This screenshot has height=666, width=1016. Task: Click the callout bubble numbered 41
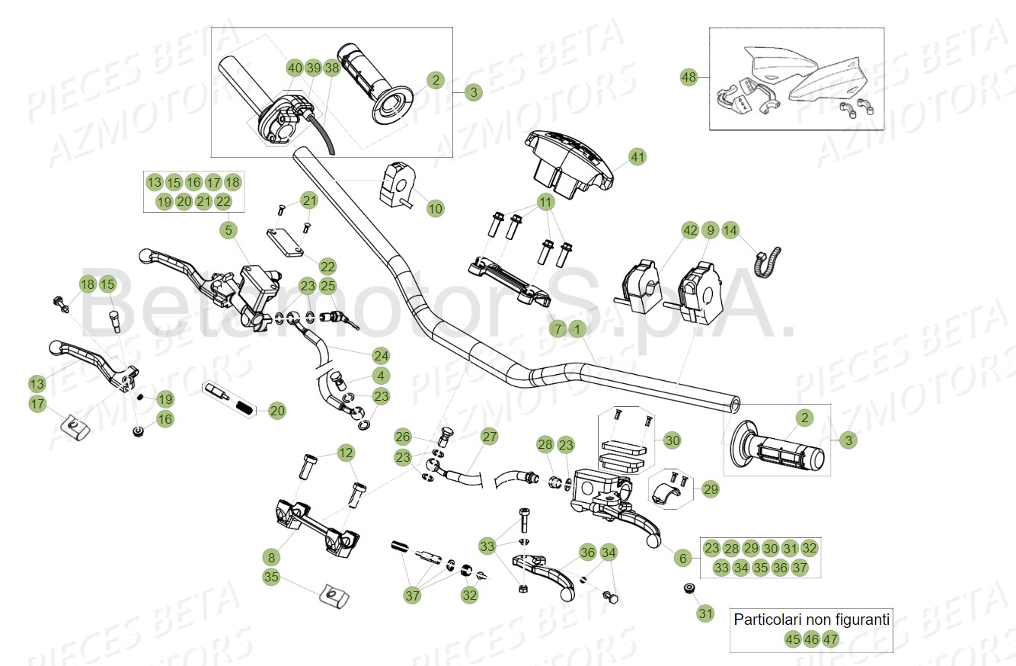pyautogui.click(x=637, y=158)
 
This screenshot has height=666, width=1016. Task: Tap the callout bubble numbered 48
pyautogui.click(x=689, y=78)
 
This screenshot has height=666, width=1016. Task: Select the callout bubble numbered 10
pyautogui.click(x=435, y=208)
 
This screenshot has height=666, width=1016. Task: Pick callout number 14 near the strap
pyautogui.click(x=730, y=230)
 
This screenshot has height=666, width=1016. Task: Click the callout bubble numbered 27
pyautogui.click(x=489, y=437)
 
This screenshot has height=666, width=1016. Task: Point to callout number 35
pyautogui.click(x=271, y=577)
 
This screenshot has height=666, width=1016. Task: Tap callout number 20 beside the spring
pyautogui.click(x=277, y=411)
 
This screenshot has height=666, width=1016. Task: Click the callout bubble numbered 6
pyautogui.click(x=682, y=559)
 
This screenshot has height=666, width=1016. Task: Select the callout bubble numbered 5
pyautogui.click(x=227, y=229)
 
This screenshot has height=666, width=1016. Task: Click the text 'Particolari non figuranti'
pyautogui.click(x=811, y=620)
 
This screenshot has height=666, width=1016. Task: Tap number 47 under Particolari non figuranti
pyautogui.click(x=830, y=639)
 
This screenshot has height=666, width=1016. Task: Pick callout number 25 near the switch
pyautogui.click(x=327, y=287)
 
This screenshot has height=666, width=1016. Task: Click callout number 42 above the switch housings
pyautogui.click(x=690, y=230)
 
